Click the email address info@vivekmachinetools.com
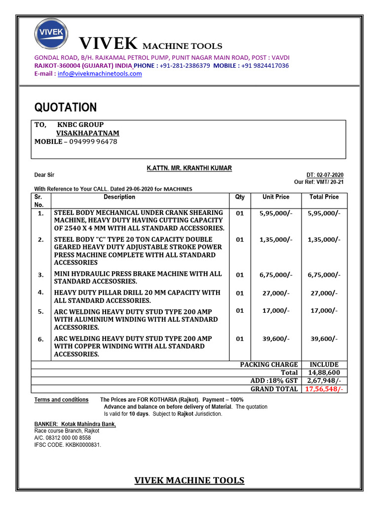point(100,74)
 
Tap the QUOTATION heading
point(65,108)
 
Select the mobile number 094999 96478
point(93,141)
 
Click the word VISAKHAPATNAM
point(87,133)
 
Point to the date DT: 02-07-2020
point(325,175)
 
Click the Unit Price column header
point(276,197)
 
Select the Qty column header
point(239,197)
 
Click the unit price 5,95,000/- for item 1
point(276,213)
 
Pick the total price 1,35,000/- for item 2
point(324,240)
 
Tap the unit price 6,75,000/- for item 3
point(276,275)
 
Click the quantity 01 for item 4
point(239,293)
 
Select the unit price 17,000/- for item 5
point(276,311)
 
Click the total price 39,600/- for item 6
point(324,338)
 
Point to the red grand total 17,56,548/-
point(324,389)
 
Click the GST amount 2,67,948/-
point(324,380)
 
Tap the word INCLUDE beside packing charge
point(324,364)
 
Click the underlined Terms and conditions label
point(61,400)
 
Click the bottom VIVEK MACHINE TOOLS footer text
point(189,480)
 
